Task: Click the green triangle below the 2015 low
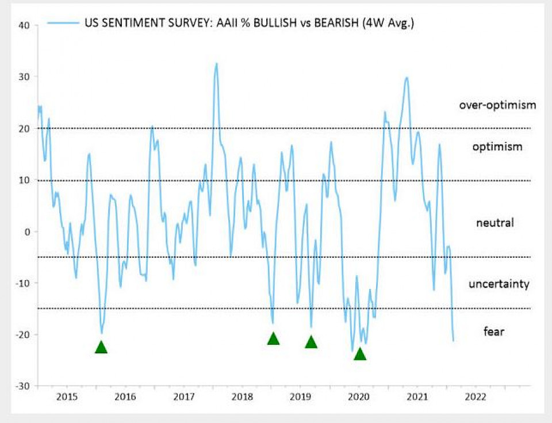101,347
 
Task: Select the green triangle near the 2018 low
273,339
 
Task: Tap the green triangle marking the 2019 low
311,342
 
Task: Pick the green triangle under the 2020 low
360,354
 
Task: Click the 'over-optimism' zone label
497,105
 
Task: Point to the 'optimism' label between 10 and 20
497,147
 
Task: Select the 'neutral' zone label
494,223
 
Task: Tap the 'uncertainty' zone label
499,284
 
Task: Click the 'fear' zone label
494,331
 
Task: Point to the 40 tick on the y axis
24,25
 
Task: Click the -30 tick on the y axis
22,386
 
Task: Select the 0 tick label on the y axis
26,231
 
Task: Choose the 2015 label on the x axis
67,397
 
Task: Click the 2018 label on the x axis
241,397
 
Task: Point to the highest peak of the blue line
217,64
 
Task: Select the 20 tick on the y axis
24,128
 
